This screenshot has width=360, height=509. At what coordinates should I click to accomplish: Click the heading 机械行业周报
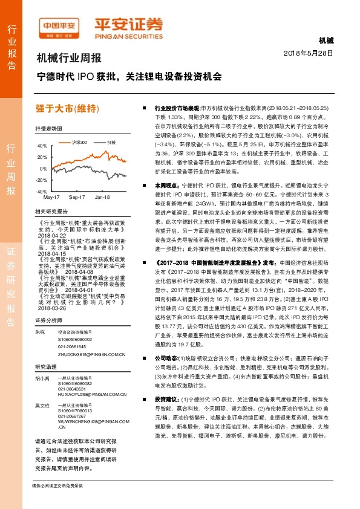pyautogui.click(x=69, y=59)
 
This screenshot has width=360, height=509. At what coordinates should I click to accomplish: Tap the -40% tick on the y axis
pyautogui.click(x=42, y=191)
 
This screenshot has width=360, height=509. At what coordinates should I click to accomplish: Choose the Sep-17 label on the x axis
pyautogui.click(x=77, y=197)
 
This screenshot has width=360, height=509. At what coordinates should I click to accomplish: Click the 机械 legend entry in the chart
pyautogui.click(x=110, y=141)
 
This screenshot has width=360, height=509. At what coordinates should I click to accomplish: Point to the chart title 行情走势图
pyautogui.click(x=48, y=130)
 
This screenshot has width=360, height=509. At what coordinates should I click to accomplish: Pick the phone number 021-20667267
pyautogui.click(x=71, y=416)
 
